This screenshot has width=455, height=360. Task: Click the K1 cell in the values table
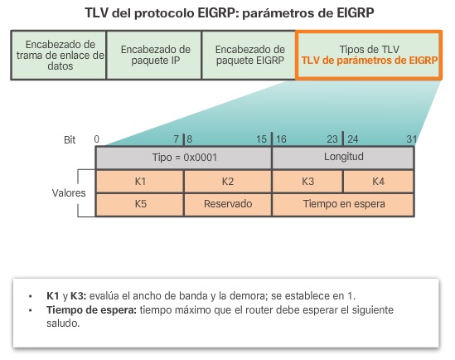pyautogui.click(x=139, y=180)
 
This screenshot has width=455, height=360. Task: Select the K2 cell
pyautogui.click(x=227, y=180)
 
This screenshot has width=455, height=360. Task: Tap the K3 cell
pyautogui.click(x=307, y=180)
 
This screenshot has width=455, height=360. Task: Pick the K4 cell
pyautogui.click(x=378, y=180)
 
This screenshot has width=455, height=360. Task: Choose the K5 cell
pyautogui.click(x=139, y=203)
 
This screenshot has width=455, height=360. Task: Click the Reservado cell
pyautogui.click(x=227, y=203)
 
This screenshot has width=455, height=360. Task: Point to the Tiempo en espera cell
pyautogui.click(x=343, y=203)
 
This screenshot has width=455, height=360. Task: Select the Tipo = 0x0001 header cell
pyautogui.click(x=183, y=158)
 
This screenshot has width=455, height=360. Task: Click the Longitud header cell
pyautogui.click(x=343, y=157)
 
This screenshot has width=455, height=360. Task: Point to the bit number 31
pyautogui.click(x=411, y=138)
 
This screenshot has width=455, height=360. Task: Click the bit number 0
pyautogui.click(x=97, y=138)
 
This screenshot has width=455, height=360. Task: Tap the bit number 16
pyautogui.click(x=281, y=138)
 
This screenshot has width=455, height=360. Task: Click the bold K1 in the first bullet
pyautogui.click(x=52, y=295)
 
